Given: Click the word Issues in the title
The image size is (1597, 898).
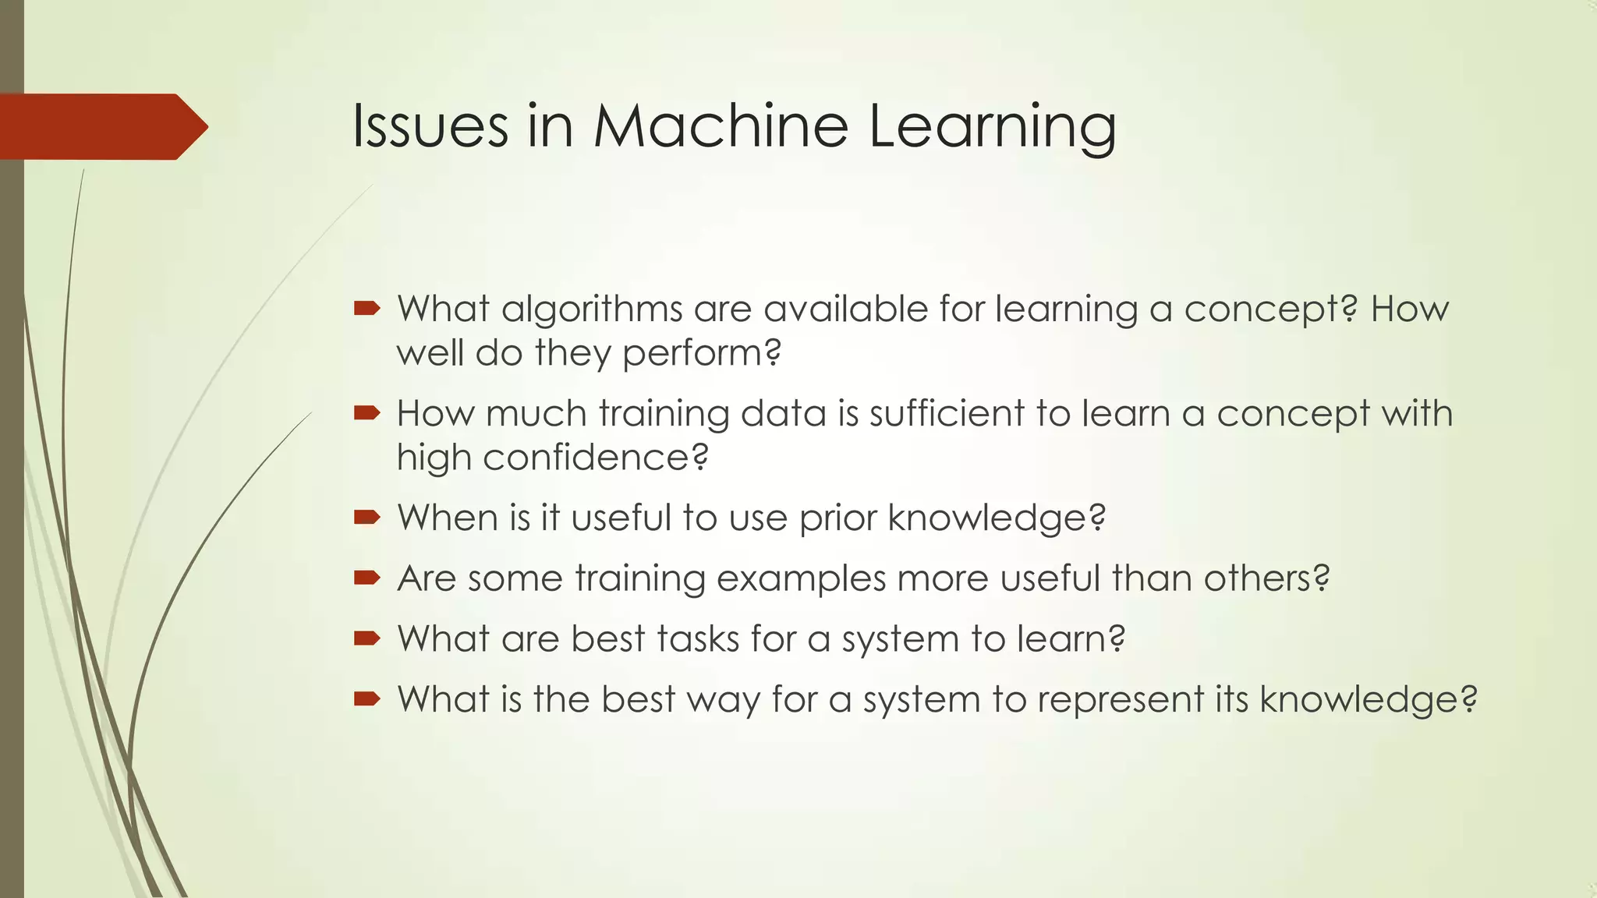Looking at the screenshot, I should (430, 126).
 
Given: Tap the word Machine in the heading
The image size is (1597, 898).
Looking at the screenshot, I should (721, 126).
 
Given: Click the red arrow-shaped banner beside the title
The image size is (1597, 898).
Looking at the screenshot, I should (101, 127).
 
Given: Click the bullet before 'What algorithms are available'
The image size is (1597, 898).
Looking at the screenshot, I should (366, 309).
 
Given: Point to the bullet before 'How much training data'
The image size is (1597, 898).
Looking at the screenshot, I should (366, 413).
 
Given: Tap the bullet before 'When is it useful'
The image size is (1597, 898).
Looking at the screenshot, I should (366, 518).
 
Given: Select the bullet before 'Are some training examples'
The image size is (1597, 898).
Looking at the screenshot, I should (366, 578).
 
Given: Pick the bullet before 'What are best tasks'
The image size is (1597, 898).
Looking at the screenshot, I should (366, 639).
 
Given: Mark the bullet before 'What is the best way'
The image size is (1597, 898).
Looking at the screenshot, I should (366, 699).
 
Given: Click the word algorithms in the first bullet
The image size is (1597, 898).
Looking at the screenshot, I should (592, 309).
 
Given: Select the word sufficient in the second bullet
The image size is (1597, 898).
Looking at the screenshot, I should (946, 413).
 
